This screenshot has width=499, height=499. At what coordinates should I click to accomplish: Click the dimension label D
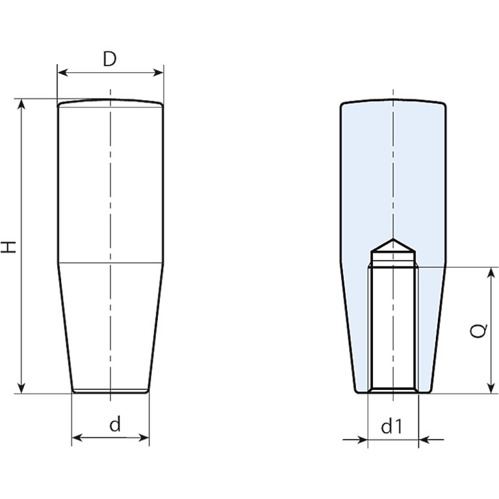point(110,60)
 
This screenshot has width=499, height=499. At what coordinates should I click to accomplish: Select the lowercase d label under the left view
point(115,424)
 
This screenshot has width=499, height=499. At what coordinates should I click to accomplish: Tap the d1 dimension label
point(392,426)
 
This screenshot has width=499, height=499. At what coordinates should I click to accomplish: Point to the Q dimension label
point(478,330)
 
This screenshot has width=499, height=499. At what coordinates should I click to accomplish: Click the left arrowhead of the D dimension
point(62,73)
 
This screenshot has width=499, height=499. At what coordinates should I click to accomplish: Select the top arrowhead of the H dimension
point(21,104)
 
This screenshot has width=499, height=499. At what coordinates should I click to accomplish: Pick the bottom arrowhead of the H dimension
point(21,389)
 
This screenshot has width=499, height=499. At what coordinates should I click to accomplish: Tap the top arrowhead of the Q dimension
point(492,272)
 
